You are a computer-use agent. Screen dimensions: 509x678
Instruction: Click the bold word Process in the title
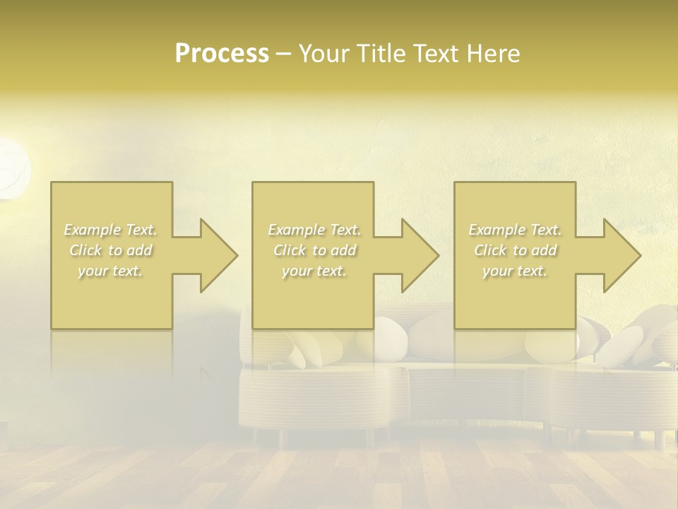pyautogui.click(x=222, y=53)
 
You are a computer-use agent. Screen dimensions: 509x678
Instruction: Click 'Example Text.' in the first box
pyautogui.click(x=111, y=230)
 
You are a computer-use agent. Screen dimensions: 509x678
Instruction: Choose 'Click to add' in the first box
pyautogui.click(x=111, y=250)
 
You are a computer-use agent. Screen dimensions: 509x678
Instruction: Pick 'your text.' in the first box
pyautogui.click(x=111, y=271)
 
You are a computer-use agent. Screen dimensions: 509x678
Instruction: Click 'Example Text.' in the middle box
pyautogui.click(x=314, y=230)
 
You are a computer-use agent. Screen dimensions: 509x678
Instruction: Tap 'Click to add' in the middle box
pyautogui.click(x=314, y=250)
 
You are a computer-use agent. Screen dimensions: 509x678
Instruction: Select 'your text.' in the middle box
pyautogui.click(x=314, y=271)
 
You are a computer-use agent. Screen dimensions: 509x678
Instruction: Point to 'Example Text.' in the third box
pyautogui.click(x=515, y=230)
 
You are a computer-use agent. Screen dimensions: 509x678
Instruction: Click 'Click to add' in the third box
pyautogui.click(x=515, y=250)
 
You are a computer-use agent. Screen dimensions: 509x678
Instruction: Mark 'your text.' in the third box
pyautogui.click(x=515, y=271)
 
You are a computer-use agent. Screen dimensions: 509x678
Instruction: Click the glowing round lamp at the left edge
pyautogui.click(x=13, y=168)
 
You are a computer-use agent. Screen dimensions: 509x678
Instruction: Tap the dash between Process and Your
pyautogui.click(x=283, y=54)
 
